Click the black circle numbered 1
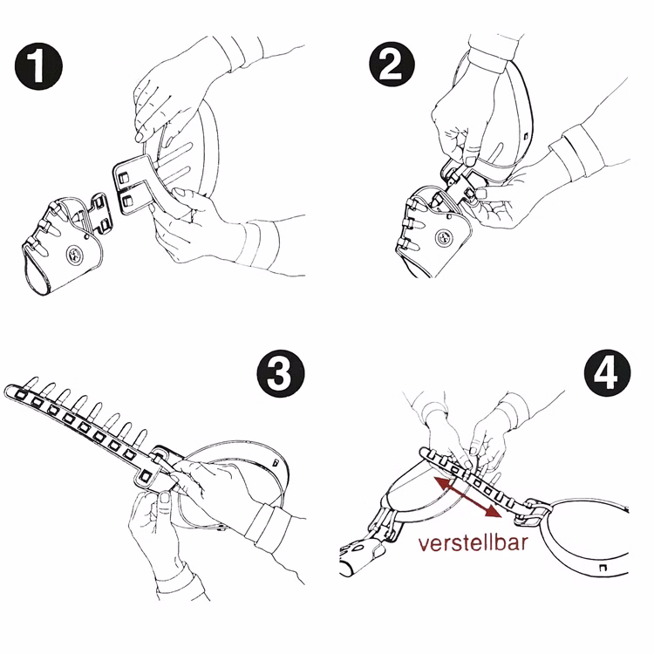coord(38,66)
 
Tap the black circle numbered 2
coord(392,65)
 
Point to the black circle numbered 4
coord(607,372)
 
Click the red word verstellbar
coord(473,543)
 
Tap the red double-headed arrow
coord(467,497)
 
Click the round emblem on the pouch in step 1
coord(74,254)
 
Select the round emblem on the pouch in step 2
coord(444,238)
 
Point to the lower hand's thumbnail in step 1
coord(181,193)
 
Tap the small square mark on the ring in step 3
coord(275,462)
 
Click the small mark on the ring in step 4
coord(603,568)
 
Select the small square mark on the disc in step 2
coord(526,135)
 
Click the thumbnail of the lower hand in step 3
coord(165,497)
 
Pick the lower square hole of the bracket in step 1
coord(126,201)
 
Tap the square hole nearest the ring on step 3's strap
coord(146,476)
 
